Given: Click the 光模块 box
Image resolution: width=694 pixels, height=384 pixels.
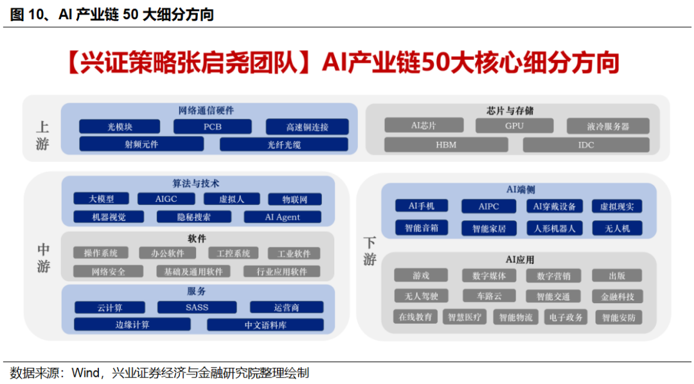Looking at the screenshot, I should coord(119,127).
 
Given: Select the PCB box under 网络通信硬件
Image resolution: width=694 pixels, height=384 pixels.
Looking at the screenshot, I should coord(213,127).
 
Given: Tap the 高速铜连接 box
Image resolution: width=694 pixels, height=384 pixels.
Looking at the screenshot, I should coord(307,127).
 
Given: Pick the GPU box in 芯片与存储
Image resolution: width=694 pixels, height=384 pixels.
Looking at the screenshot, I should coord(514,126).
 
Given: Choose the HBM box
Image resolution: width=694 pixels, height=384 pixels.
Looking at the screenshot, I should coord(446,144).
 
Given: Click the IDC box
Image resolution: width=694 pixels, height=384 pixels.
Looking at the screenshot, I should coord(586,144).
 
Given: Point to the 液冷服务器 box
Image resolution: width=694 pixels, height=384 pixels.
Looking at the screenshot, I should coord(607,126).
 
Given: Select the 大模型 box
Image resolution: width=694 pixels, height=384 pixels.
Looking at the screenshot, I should coord(101,199).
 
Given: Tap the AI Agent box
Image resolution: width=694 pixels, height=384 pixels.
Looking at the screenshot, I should coord(283,217).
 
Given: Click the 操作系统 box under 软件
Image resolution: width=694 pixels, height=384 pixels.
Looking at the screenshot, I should coord(101,253).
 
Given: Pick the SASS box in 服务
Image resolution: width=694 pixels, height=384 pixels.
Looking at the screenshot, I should coord(197,308).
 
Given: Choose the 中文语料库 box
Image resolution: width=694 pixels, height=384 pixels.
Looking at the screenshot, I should coord(265,325).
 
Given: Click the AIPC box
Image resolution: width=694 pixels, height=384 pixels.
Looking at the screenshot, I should coord(488,206).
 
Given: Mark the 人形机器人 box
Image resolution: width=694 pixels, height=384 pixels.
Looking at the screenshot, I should coord(555,228).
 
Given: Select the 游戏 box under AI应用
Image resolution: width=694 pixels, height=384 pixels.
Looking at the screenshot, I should coord(422,275).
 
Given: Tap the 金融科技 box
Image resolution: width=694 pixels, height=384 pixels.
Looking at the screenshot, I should coord(617,296).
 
